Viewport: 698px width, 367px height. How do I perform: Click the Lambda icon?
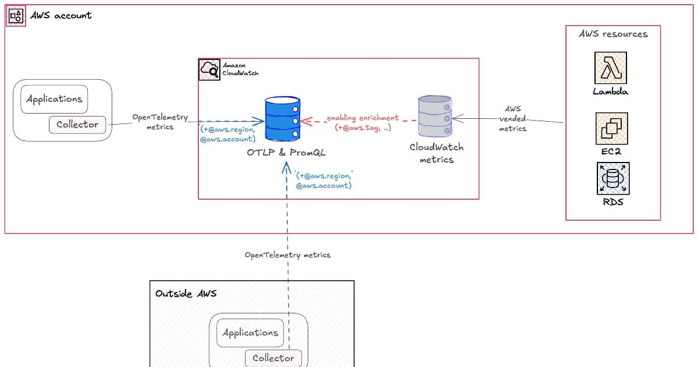[611, 68]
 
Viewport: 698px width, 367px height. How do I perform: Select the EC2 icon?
[611, 129]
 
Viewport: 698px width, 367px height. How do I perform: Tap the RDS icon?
[612, 178]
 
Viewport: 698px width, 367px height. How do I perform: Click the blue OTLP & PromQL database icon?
[283, 119]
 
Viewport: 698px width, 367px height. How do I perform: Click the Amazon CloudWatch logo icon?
[209, 69]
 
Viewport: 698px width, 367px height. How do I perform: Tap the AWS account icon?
[16, 16]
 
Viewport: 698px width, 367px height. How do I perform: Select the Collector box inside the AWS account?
[77, 124]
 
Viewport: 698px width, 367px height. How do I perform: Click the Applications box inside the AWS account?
[54, 99]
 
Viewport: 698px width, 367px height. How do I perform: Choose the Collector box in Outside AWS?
[273, 358]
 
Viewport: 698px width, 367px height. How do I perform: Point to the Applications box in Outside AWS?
[250, 333]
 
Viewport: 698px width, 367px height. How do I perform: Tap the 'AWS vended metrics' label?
[512, 119]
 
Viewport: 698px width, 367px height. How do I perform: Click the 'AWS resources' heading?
[613, 34]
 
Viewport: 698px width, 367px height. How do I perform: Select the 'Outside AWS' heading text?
[186, 293]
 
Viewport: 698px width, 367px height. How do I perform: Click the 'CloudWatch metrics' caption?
[436, 153]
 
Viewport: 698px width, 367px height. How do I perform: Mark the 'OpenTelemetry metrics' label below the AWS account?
[287, 255]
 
